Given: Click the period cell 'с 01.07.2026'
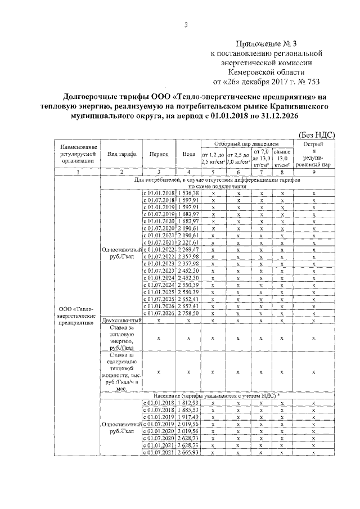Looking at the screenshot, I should point(159,313).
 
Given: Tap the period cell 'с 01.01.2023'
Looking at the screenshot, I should point(159,263).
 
